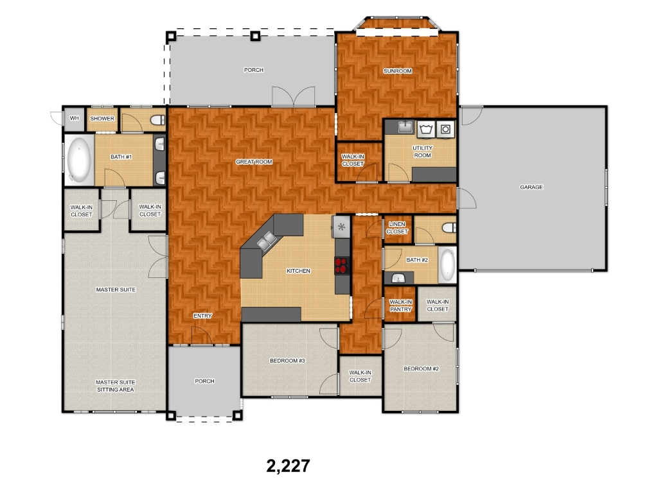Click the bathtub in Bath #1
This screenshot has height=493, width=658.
click(79, 159)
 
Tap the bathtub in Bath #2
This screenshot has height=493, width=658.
click(447, 264)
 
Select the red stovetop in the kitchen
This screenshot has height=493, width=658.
click(342, 265)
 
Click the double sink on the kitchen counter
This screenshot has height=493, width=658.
click(267, 241)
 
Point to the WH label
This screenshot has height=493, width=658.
click(75, 118)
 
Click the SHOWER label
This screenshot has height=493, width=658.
click(102, 119)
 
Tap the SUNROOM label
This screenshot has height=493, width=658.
click(397, 71)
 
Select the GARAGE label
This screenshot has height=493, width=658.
click(531, 187)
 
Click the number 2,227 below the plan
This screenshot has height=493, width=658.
click(289, 466)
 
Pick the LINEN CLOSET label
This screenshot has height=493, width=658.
click(397, 228)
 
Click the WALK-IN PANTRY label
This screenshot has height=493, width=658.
click(400, 306)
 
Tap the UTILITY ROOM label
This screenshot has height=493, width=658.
click(422, 151)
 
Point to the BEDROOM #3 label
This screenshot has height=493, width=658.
click(287, 361)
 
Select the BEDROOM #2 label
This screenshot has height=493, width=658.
click(421, 368)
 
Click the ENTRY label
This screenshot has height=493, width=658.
click(202, 316)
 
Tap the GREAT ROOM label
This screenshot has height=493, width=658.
click(254, 162)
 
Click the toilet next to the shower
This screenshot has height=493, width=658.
click(158, 120)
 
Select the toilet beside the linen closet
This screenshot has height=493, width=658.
click(449, 228)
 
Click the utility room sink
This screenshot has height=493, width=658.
click(405, 126)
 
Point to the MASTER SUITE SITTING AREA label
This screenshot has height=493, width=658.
click(116, 386)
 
